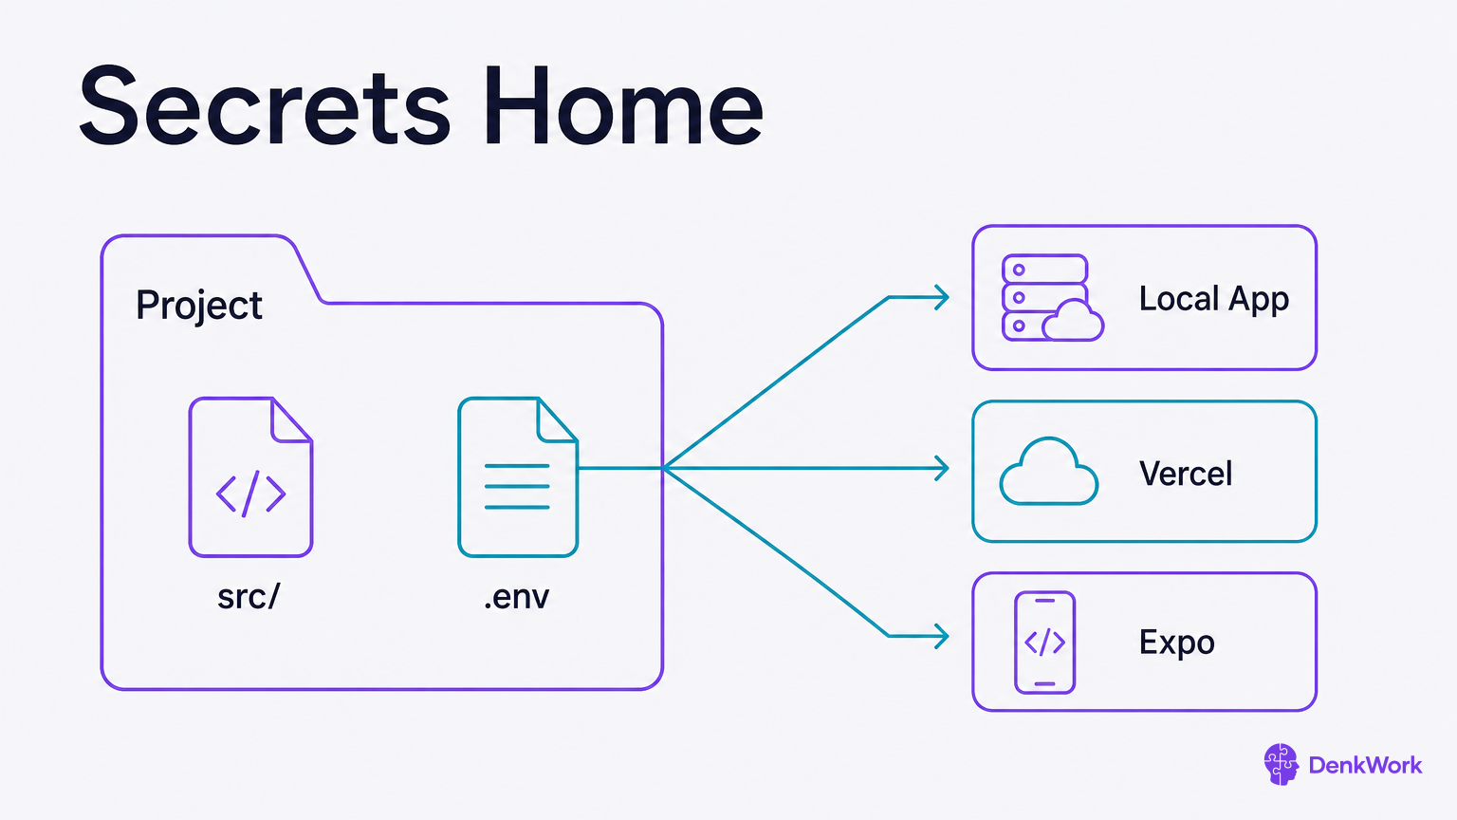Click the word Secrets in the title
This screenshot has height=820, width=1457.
(x=264, y=105)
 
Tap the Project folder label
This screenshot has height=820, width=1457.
(x=199, y=306)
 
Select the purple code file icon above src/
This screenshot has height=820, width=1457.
(x=251, y=477)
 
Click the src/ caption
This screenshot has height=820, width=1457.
(x=249, y=597)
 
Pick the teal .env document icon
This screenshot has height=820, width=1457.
(x=518, y=477)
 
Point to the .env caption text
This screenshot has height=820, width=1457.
(x=516, y=597)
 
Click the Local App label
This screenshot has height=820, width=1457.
(x=1214, y=299)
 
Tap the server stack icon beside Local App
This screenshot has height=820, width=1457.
(x=1052, y=297)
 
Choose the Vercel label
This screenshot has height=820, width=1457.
(x=1185, y=474)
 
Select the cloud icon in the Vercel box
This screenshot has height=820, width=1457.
(x=1048, y=471)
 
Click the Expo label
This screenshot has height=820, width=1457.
(x=1176, y=643)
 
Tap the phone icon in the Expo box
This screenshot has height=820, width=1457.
(x=1044, y=643)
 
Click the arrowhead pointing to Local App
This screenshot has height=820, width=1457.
(x=942, y=297)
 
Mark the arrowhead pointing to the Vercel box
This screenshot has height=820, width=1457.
(x=942, y=468)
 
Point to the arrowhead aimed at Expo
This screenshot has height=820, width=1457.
(x=942, y=636)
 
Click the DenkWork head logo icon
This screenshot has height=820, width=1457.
(x=1281, y=765)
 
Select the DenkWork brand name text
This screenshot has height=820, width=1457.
(x=1365, y=765)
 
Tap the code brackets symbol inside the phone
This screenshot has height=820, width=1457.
(x=1044, y=643)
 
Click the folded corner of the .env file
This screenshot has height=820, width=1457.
(x=557, y=420)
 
